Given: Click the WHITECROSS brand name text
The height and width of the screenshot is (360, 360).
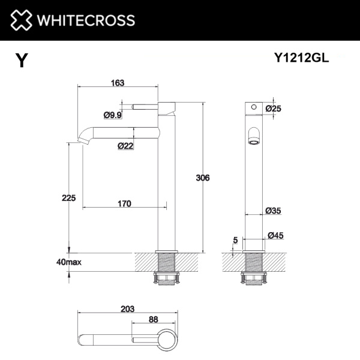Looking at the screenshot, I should tap(82, 20).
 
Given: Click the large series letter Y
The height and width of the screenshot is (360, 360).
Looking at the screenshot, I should tap(22, 61).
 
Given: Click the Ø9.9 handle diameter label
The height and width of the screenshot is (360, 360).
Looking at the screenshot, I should tap(113, 115).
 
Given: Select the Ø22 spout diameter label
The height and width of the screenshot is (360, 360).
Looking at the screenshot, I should tap(125, 145).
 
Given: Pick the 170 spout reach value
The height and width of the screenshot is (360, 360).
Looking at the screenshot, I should tap(123, 204).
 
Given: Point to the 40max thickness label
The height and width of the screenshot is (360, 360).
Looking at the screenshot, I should tap(67, 262).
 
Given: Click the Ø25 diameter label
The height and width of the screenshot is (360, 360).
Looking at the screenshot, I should tap(273, 109).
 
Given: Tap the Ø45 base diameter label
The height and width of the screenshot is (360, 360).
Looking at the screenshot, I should tap(275, 235).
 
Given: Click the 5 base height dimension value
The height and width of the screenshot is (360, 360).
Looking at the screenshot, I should tap(235, 240).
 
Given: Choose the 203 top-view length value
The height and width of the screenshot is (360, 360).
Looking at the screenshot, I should tap(127, 308).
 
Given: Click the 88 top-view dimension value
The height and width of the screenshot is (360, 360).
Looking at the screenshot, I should tap(153, 319).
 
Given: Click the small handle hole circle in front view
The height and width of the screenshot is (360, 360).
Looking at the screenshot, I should tap(253, 107).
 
